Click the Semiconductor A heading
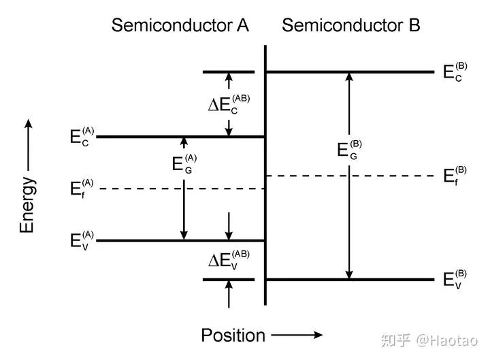coord(180,25)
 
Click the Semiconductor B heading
coord(351,25)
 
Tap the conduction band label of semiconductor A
coord(82,137)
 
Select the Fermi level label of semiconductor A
coord(82,189)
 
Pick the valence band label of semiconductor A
coord(82,240)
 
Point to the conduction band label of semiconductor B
coord(455,72)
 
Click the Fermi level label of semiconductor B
coord(455,176)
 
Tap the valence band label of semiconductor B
coord(455,280)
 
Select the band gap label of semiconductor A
coord(184,164)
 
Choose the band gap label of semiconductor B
coord(349,150)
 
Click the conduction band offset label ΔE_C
coord(229,104)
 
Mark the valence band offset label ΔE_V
coord(229,260)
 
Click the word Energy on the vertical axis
coord(27,205)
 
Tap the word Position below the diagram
coord(233,336)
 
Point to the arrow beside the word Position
coord(297,335)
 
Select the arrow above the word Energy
coord(29,145)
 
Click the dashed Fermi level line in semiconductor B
coord(349,176)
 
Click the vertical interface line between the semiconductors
coord(265,175)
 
